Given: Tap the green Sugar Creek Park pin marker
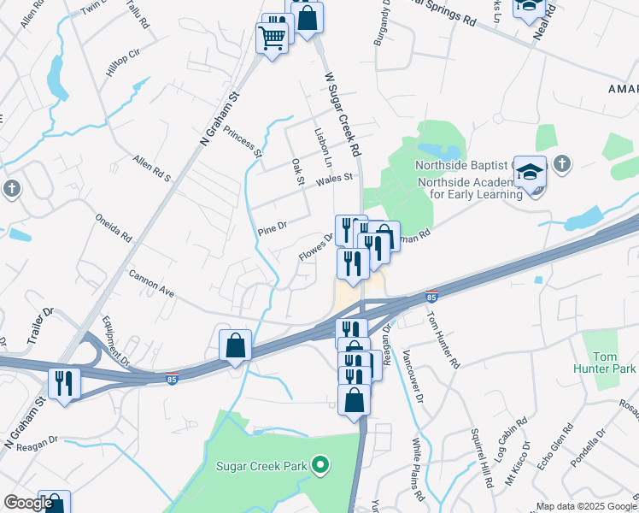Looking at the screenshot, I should click(x=320, y=466).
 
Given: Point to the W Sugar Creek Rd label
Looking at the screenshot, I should click(x=342, y=115).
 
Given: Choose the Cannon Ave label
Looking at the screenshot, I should click(x=151, y=284).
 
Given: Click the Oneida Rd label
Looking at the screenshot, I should click(x=114, y=227).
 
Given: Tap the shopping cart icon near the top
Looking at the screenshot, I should click(x=272, y=38).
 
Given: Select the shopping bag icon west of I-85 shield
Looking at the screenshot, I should click(x=235, y=346).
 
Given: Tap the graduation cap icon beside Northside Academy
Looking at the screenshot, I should click(x=530, y=174).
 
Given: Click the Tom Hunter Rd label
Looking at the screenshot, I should click(x=443, y=338).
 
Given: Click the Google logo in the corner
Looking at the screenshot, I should click(x=28, y=504).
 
